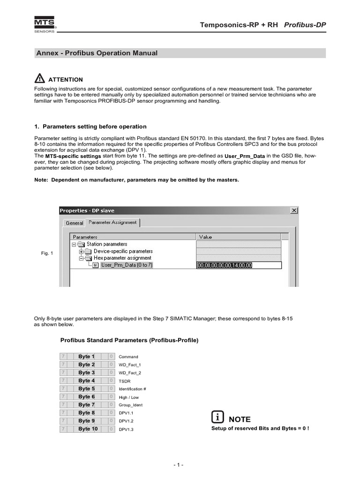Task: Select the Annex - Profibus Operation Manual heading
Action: tap(97, 53)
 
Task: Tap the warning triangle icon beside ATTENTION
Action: tap(40, 79)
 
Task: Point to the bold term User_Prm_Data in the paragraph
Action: tap(245, 156)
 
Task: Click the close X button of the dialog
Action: tap(294, 210)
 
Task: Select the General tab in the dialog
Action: tap(74, 223)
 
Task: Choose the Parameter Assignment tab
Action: tap(112, 223)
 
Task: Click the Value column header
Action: tap(206, 237)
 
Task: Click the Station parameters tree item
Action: tap(106, 244)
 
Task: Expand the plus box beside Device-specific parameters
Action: tap(81, 251)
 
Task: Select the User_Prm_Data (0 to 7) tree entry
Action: tap(126, 265)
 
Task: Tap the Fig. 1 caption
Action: tap(47, 254)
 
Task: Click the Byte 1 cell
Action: tap(86, 357)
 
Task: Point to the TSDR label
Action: tap(124, 381)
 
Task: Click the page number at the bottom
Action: tap(179, 465)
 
